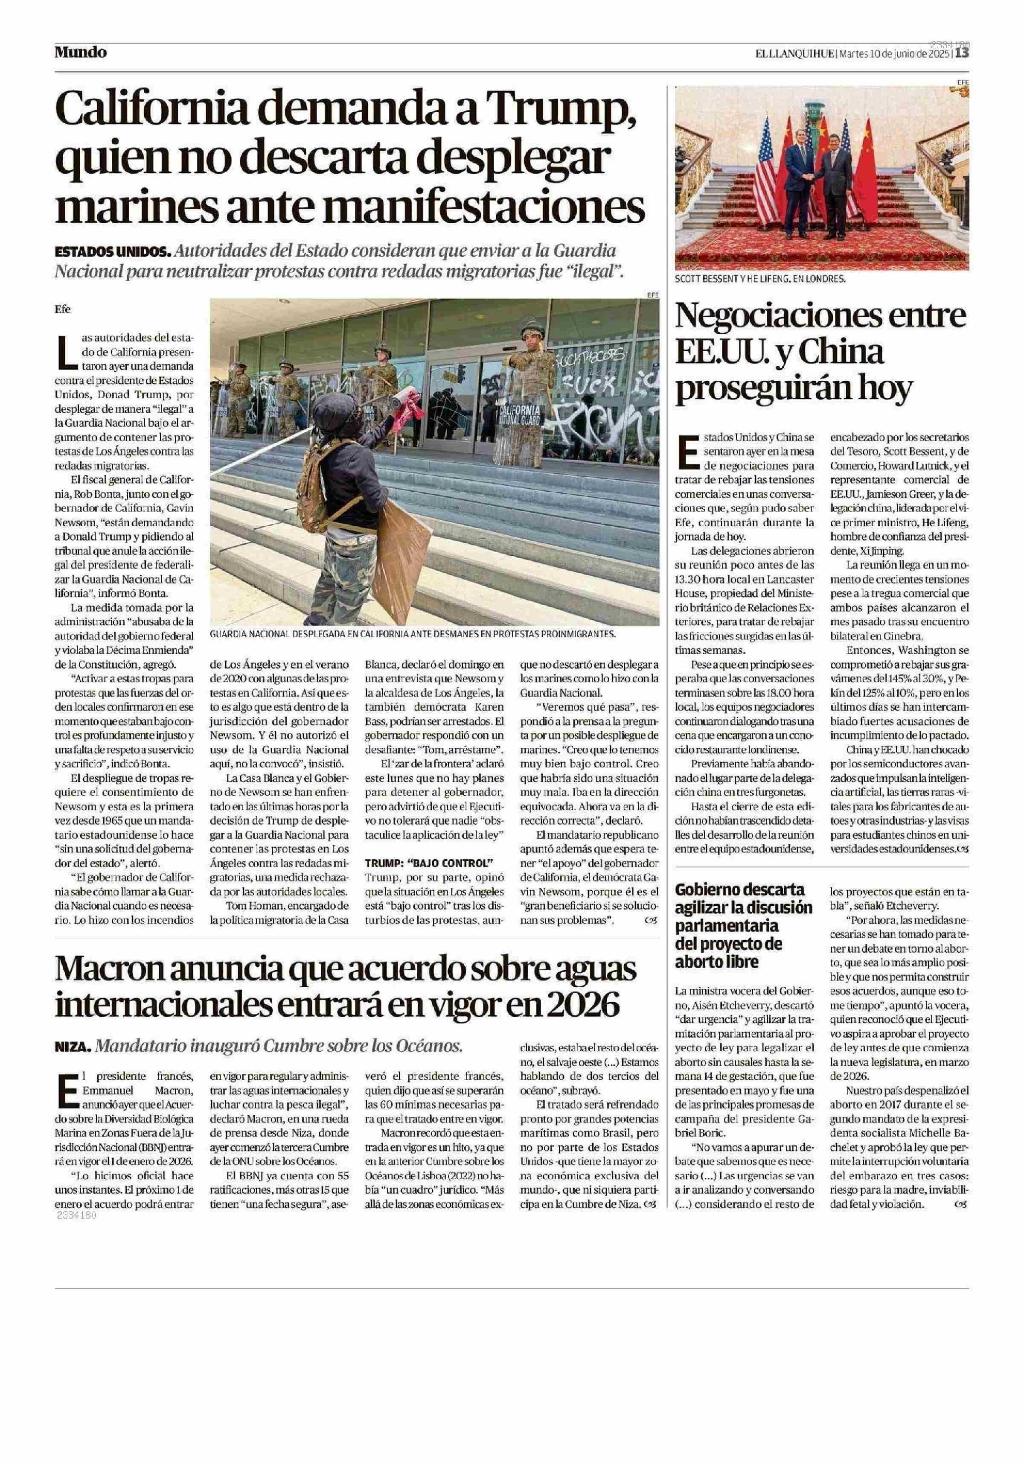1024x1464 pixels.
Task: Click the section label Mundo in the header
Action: [x=80, y=52]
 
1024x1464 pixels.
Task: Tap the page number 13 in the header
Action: [x=962, y=53]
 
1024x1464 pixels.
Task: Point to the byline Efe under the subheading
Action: [x=62, y=309]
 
